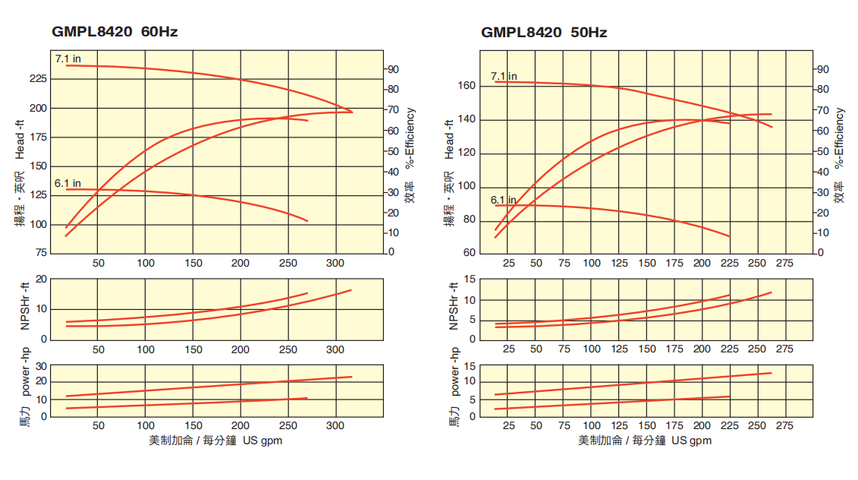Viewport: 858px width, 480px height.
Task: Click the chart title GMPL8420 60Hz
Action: click(115, 32)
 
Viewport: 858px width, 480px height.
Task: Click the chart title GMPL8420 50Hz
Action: click(544, 32)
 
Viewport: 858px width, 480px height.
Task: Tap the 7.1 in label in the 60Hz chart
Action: click(68, 58)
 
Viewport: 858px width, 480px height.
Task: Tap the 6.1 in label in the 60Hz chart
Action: click(68, 183)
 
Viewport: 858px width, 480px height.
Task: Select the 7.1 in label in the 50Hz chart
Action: click(504, 76)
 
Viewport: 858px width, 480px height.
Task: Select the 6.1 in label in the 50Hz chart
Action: click(504, 201)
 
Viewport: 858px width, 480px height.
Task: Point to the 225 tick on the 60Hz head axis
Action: click(37, 79)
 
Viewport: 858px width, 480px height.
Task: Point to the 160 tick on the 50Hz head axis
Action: click(467, 86)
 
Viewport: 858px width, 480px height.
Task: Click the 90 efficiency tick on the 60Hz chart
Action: click(394, 69)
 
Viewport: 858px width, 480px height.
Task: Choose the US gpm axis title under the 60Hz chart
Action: click(215, 441)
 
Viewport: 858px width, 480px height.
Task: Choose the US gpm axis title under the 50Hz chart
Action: click(645, 441)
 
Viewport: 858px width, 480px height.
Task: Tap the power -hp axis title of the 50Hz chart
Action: click(454, 372)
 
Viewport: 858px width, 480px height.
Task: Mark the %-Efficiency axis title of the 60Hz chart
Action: click(410, 137)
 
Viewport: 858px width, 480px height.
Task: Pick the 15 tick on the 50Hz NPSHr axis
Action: click(470, 279)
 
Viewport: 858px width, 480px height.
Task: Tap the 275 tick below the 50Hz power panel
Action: click(784, 425)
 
